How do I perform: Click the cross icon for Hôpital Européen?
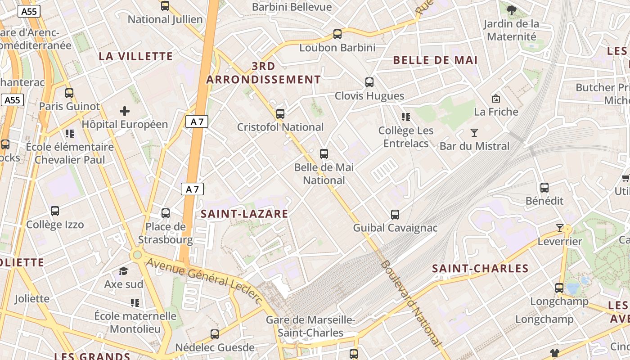125,111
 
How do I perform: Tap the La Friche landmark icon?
496,98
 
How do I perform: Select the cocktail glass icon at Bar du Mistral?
474,132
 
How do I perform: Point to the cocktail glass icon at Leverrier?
560,228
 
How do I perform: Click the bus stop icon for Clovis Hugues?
369,82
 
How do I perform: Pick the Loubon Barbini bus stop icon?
337,34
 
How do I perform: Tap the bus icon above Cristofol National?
280,114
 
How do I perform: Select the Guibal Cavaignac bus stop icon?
395,215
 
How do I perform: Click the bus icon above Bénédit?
544,188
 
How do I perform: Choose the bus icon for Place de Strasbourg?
166,213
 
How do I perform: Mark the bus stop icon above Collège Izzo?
55,211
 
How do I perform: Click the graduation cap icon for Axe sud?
123,271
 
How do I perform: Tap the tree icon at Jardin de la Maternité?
511,10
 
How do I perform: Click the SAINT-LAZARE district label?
244,214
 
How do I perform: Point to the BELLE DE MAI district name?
435,60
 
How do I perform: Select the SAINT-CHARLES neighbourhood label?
480,269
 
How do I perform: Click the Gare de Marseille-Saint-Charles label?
310,326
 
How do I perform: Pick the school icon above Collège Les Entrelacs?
406,117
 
